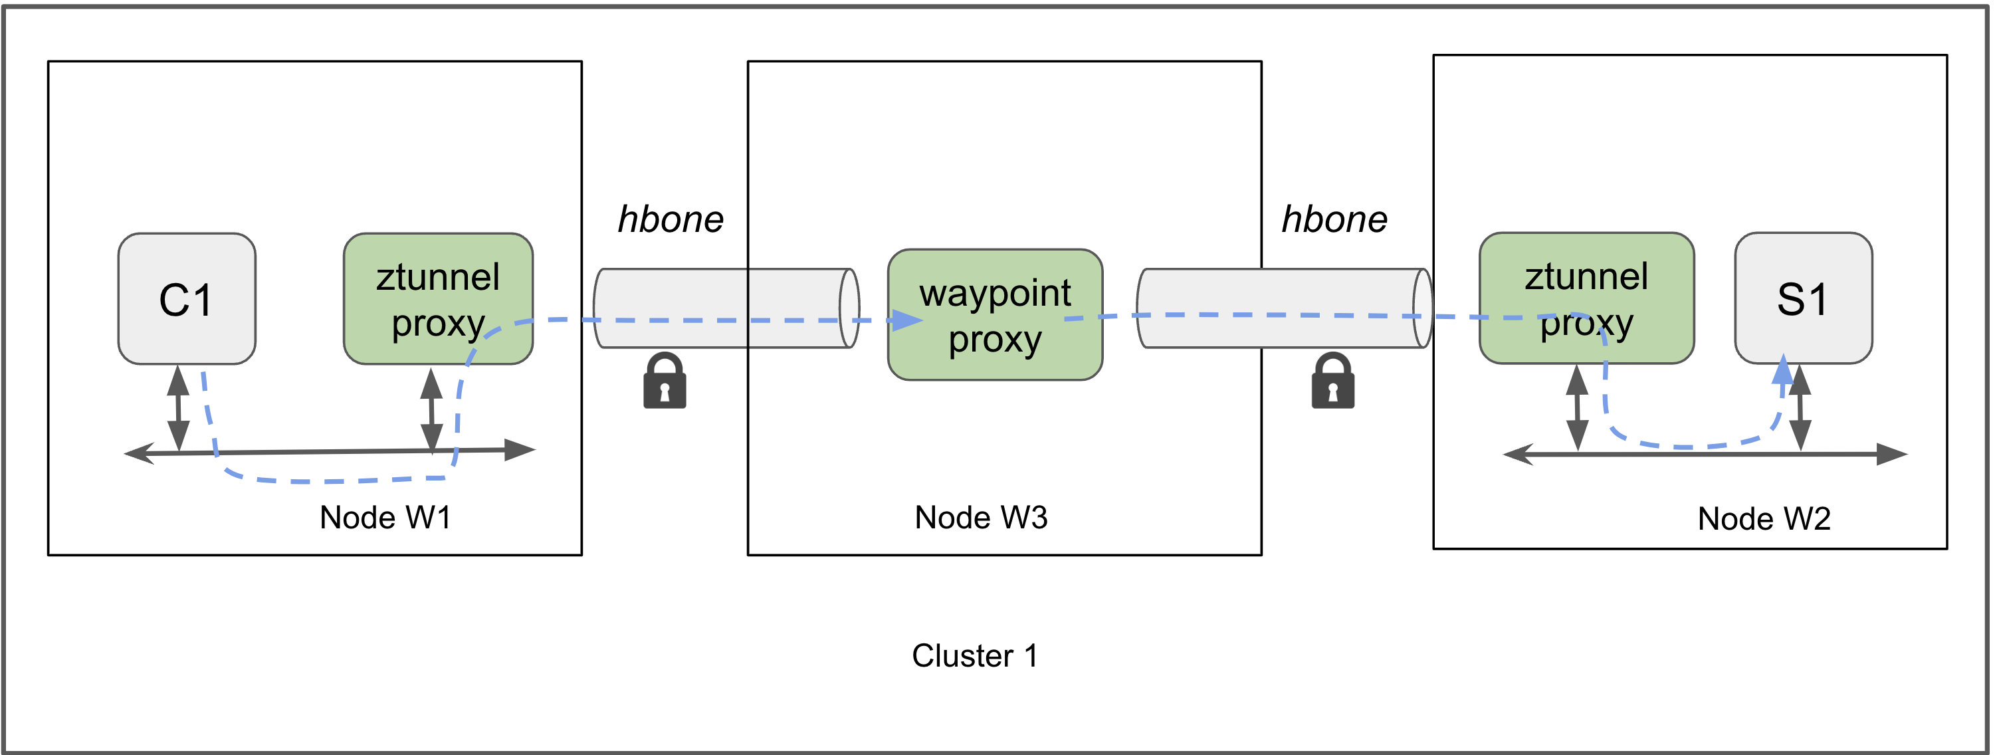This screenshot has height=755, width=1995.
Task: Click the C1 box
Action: pyautogui.click(x=187, y=299)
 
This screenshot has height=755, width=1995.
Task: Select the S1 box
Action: pyautogui.click(x=1802, y=298)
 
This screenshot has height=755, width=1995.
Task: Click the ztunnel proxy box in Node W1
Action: pyautogui.click(x=437, y=299)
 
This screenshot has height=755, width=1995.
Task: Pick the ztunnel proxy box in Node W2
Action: pyautogui.click(x=1586, y=298)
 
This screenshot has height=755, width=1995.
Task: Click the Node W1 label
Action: pyautogui.click(x=385, y=517)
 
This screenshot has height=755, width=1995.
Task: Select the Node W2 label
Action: pyautogui.click(x=1764, y=518)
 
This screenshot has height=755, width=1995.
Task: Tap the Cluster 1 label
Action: pyautogui.click(x=974, y=656)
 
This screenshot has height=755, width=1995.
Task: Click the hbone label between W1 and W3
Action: pyautogui.click(x=670, y=219)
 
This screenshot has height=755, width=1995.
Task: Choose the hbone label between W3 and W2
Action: pyautogui.click(x=1334, y=219)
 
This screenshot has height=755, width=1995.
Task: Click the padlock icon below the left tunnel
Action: pyautogui.click(x=665, y=381)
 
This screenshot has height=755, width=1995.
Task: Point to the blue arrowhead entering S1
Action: pyautogui.click(x=1783, y=370)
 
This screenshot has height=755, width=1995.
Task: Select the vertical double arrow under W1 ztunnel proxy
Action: pyautogui.click(x=431, y=409)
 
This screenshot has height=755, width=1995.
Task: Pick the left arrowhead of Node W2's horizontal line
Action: pyautogui.click(x=1519, y=455)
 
